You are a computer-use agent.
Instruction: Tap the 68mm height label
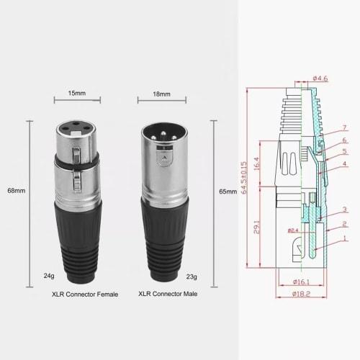(15, 191)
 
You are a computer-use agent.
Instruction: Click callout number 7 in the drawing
(344, 127)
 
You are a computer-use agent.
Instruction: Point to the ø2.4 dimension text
(293, 230)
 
